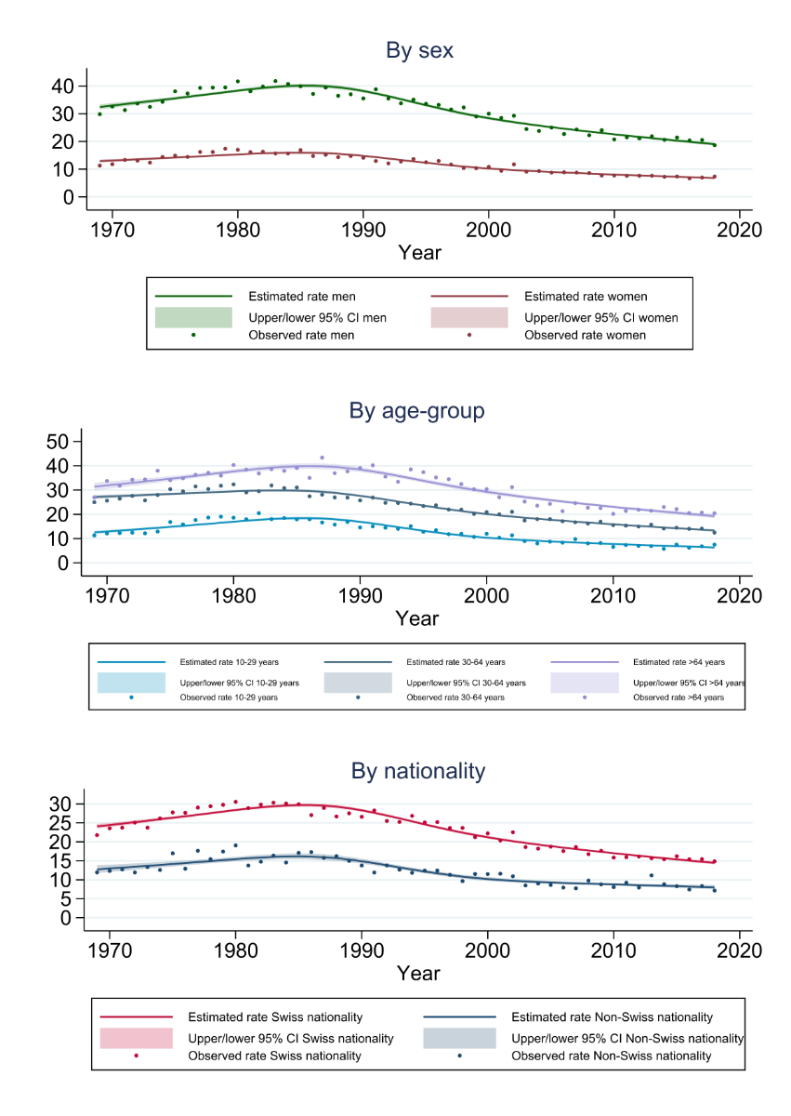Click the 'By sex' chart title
[419, 50]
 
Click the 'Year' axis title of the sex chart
[419, 252]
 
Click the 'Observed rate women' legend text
[586, 336]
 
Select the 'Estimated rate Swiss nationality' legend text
[275, 1017]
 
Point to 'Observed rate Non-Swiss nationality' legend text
[612, 1056]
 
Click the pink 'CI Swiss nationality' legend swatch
[136, 1037]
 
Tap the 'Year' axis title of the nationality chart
[419, 973]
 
